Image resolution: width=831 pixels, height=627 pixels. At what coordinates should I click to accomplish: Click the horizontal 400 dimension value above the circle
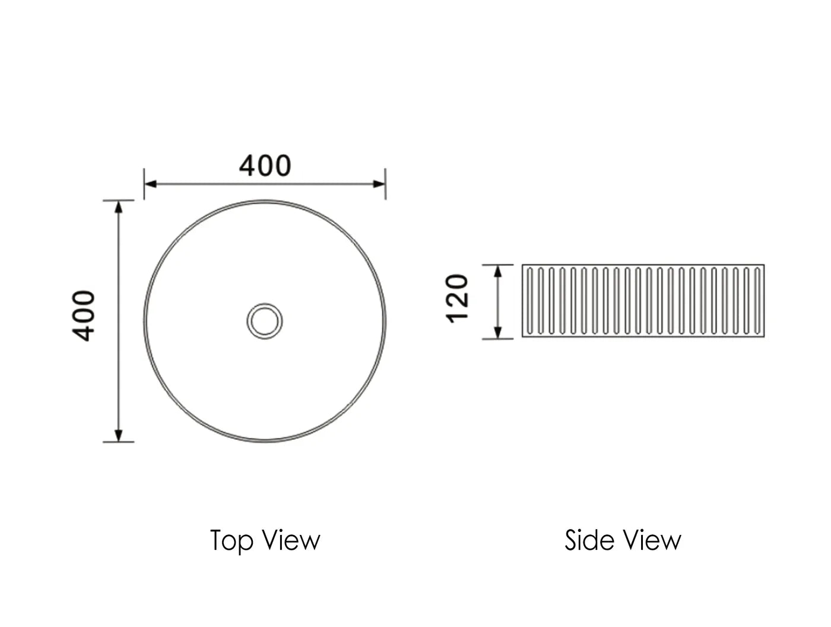click(x=265, y=166)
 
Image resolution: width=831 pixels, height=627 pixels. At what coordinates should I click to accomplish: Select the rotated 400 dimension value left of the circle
click(x=84, y=315)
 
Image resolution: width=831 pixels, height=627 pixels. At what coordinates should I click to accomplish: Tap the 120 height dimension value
click(x=458, y=298)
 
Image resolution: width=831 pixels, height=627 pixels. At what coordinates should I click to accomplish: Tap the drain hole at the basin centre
click(x=265, y=321)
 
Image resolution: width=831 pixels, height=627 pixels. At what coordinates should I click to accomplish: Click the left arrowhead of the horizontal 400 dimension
click(x=151, y=183)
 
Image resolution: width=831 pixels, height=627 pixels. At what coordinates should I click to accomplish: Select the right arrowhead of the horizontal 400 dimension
click(x=379, y=183)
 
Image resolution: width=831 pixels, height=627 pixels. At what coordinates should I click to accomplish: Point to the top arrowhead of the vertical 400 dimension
click(x=119, y=207)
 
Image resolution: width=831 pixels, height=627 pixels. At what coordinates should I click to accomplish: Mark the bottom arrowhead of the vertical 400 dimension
click(x=119, y=435)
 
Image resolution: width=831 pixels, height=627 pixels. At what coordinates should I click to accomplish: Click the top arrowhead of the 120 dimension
click(x=498, y=271)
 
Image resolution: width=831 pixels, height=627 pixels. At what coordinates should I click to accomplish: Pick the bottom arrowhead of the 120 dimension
click(x=498, y=332)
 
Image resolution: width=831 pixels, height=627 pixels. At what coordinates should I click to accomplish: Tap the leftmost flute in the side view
click(x=529, y=300)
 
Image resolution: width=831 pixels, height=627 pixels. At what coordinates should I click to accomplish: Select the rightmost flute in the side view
click(x=757, y=300)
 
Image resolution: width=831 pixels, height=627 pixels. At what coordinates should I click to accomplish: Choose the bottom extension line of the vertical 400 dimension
click(x=119, y=442)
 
